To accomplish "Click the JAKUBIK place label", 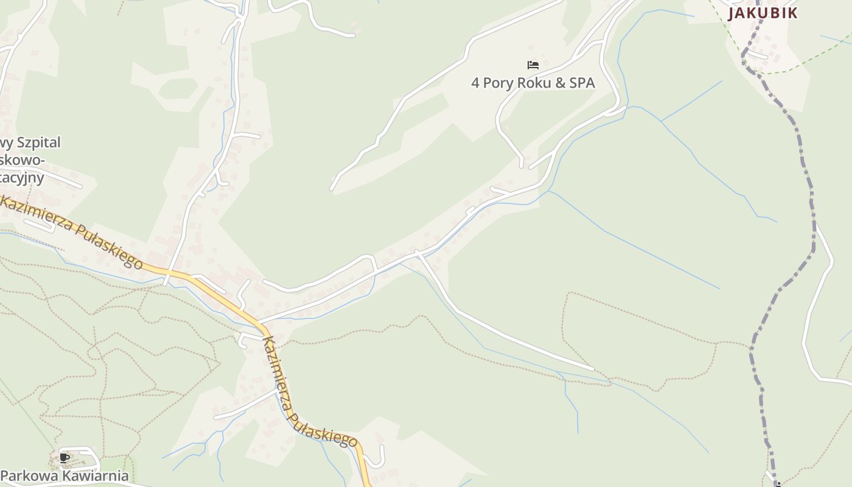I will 763,13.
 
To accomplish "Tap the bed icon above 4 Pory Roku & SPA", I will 533,65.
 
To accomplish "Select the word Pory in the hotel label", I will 498,83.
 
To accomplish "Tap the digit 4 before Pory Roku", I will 475,83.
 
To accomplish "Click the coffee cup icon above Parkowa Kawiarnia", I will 65,458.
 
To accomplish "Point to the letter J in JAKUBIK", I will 732,13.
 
